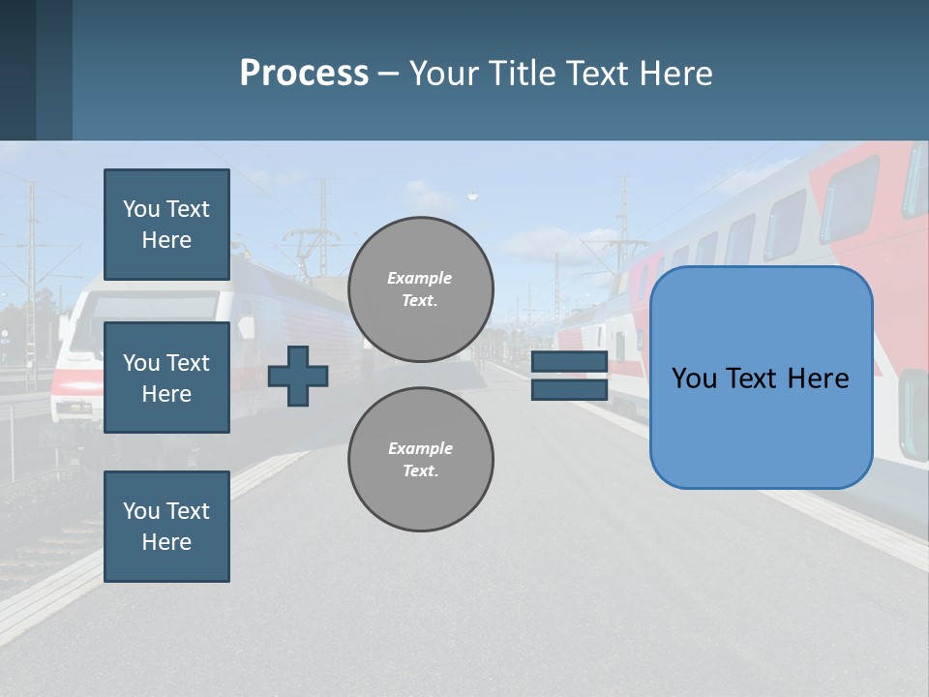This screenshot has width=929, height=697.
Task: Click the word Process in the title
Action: pos(304,74)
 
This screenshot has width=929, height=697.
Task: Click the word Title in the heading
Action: pos(520,74)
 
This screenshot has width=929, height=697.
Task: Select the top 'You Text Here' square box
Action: pos(166,225)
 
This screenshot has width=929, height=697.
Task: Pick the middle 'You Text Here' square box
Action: pos(166,378)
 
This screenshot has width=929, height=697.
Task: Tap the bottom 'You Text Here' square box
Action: pos(166,527)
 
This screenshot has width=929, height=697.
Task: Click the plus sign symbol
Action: pos(298,377)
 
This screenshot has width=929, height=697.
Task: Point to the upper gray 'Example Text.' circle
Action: pos(420,289)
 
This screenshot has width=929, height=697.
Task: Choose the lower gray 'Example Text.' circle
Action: pos(420,460)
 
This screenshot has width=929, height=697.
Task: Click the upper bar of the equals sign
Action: pos(569,362)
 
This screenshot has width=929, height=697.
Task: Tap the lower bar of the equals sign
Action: pos(569,389)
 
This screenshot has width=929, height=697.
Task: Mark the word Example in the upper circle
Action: pos(420,278)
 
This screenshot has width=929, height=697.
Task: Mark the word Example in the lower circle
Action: pos(420,448)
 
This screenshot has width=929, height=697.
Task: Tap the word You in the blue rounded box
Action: pos(695,379)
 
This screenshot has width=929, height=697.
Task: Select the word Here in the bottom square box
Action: pos(166,542)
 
